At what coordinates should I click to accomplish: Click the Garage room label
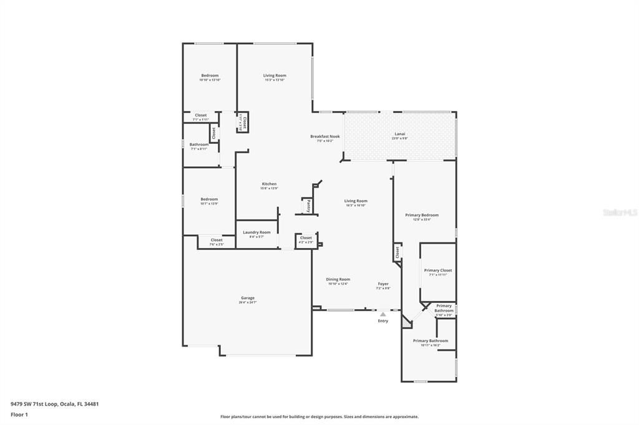248,298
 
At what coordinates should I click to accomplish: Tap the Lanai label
399,134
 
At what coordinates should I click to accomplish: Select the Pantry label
308,206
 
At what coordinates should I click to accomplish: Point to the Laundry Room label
256,232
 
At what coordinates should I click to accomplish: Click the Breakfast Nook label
325,136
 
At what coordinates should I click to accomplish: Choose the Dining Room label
339,280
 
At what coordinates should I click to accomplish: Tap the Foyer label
383,284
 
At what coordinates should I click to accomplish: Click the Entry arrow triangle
383,314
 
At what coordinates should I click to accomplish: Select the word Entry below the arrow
383,321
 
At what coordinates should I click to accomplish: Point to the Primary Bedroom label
422,215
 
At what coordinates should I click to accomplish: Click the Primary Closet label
438,270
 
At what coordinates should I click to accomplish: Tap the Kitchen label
269,184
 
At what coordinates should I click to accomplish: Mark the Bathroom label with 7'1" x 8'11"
199,145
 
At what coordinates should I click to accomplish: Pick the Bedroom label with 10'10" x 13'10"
210,75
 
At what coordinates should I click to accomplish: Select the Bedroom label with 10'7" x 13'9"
209,199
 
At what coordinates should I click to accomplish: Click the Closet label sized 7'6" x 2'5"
217,240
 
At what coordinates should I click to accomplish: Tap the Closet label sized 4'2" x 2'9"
306,238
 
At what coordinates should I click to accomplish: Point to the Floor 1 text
20,414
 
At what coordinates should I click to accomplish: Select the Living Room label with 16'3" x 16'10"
356,201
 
